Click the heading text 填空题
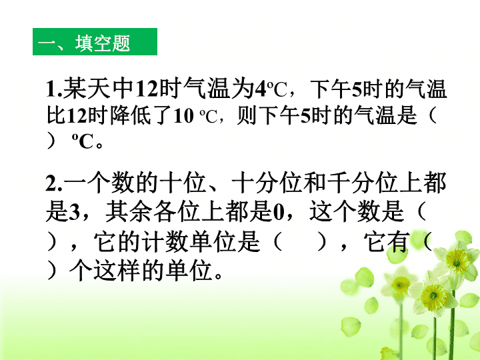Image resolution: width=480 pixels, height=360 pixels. (x=103, y=43)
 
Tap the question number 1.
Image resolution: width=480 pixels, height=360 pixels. (x=52, y=89)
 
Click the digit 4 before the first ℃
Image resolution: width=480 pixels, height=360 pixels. (x=261, y=89)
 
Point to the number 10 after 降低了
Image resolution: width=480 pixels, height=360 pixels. (x=183, y=116)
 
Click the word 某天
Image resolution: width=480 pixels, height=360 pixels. (x=87, y=89)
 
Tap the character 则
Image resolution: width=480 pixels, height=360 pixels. (x=247, y=115)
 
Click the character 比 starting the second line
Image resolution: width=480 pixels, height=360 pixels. (x=56, y=115)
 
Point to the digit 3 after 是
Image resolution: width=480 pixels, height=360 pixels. (x=74, y=212)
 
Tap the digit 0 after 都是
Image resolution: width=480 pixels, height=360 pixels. (x=279, y=212)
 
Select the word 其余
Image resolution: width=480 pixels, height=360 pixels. (x=129, y=211)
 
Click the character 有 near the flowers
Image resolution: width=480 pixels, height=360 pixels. (x=399, y=241)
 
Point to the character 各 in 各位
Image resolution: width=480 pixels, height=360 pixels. (x=165, y=211)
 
